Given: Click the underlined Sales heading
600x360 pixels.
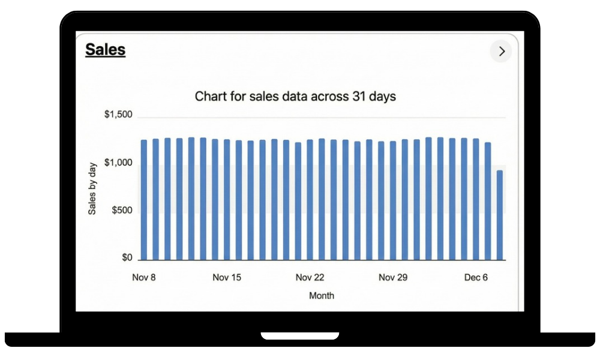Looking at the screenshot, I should click(105, 49).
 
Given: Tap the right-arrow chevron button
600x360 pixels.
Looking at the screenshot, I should click(502, 52).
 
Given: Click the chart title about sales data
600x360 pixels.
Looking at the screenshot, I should click(295, 96).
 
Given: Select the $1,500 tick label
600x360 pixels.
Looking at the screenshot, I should click(118, 115).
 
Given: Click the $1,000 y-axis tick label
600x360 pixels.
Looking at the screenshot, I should click(118, 163).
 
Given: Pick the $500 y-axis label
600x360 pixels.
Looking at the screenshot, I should click(122, 211).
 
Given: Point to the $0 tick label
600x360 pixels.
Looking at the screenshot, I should click(126, 258).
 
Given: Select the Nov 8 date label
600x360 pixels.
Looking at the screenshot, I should click(144, 277).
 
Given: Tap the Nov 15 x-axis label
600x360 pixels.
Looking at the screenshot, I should click(227, 277).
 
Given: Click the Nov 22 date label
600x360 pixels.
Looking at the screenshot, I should click(310, 277).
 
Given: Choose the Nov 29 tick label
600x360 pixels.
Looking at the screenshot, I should click(393, 277).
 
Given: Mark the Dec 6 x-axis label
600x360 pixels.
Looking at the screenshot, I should click(476, 277).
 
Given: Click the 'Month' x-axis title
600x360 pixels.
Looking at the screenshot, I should click(322, 295).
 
